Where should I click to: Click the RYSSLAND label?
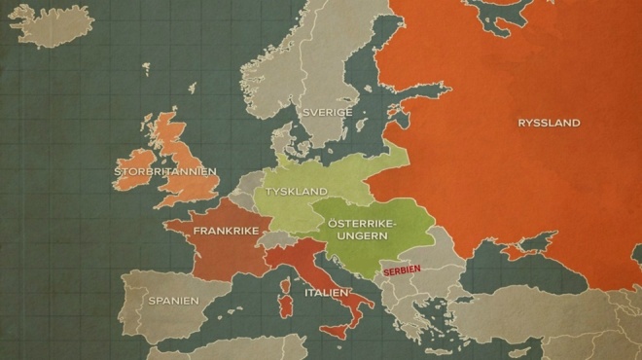pyautogui.click(x=549, y=124)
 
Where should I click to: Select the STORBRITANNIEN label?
pyautogui.click(x=165, y=171)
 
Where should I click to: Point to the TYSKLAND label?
pyautogui.click(x=297, y=192)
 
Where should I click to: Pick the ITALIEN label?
pyautogui.click(x=326, y=292)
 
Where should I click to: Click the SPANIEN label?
pyautogui.click(x=173, y=301)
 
